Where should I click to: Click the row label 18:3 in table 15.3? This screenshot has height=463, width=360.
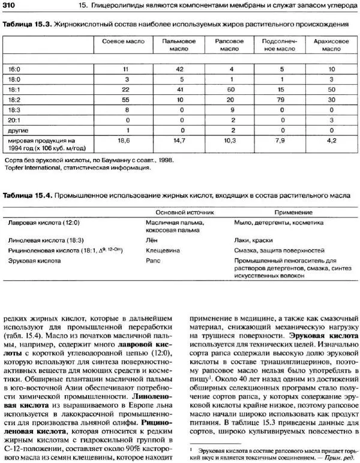click(14, 109)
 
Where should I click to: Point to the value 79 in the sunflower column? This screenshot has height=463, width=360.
click(278, 99)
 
